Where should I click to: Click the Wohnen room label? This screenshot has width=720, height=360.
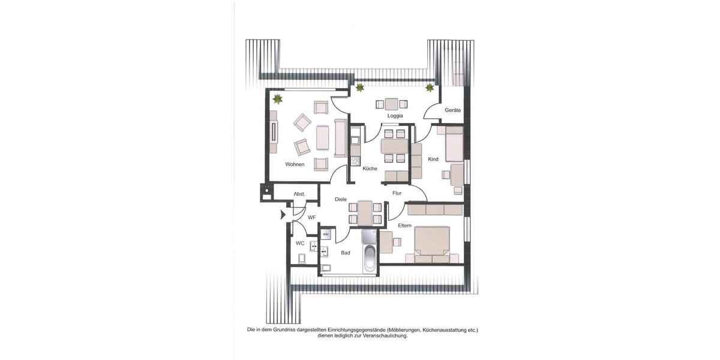coord(295,164)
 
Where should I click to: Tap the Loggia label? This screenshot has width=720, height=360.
coord(395,116)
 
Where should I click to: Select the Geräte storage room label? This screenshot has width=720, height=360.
coord(452,110)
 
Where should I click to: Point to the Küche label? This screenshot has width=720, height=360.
coord(370,169)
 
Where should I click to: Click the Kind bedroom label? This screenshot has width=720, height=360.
coord(433,160)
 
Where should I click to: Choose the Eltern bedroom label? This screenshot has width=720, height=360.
coord(404,226)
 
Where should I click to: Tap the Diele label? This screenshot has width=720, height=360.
coord(341,199)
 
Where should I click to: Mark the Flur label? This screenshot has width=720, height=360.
coord(397,193)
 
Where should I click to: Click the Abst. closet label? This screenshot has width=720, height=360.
coord(299,194)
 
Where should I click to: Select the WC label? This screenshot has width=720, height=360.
coord(300,244)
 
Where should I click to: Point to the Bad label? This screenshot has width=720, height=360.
coord(346,253)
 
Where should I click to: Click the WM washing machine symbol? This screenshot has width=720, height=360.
coord(326,234)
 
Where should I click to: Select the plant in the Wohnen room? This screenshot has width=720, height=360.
coord(278,98)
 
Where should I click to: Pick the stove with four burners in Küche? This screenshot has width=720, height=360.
coord(355,161)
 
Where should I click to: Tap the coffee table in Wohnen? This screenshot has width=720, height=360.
coord(323,137)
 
